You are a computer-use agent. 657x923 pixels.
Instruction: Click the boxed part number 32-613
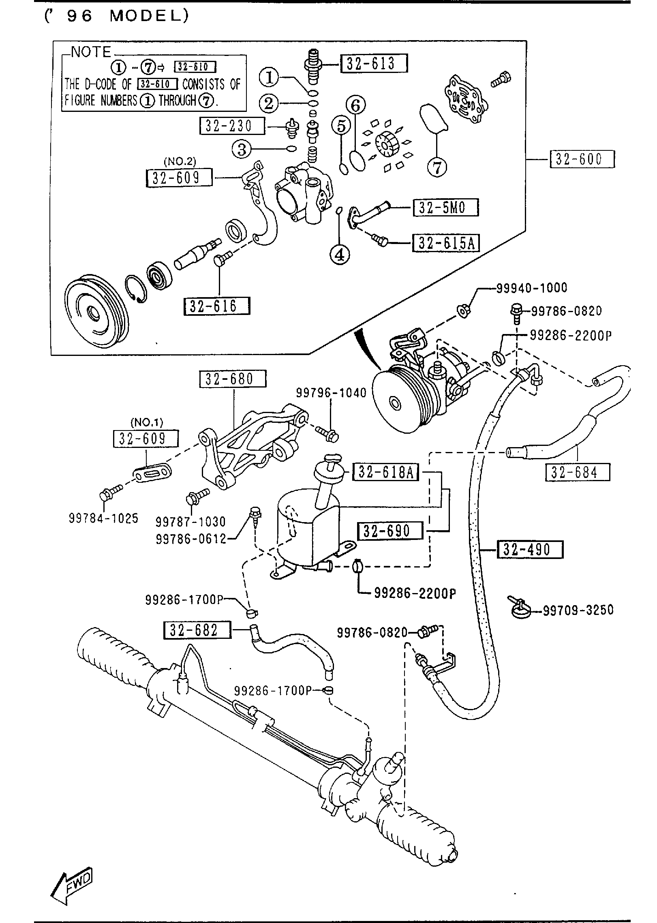pos(373,63)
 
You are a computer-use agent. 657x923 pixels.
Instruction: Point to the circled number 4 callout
pos(340,255)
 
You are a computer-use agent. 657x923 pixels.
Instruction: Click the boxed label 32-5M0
pos(445,207)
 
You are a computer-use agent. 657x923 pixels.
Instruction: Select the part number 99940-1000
pos(531,288)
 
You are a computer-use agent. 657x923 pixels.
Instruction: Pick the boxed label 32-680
pos(232,379)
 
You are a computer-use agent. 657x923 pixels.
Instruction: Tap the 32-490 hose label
pos(530,550)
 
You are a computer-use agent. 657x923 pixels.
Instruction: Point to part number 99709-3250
pos(578,610)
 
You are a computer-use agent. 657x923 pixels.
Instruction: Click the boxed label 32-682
pos(197,630)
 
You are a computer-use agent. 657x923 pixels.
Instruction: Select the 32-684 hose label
pos(577,472)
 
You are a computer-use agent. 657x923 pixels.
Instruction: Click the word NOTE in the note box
pos(91,52)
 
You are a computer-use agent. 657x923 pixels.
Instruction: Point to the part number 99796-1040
pos(331,392)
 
